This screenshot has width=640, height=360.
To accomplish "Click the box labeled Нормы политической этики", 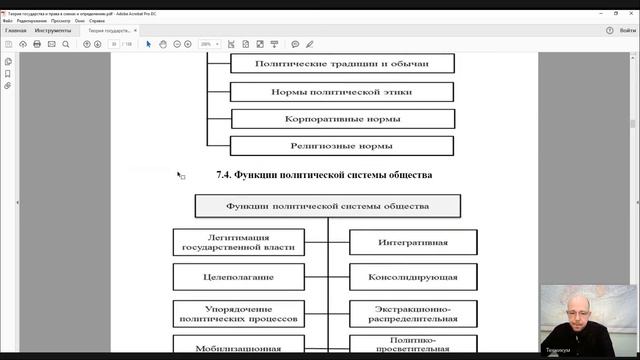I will [342, 91].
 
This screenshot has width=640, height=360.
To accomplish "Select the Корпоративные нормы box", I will [342, 118].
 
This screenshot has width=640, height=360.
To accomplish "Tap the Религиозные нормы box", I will [342, 145].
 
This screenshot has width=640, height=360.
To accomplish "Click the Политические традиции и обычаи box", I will [342, 63].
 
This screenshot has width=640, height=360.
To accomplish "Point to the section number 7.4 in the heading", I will [224, 175].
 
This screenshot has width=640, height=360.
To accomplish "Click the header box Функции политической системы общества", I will [327, 207].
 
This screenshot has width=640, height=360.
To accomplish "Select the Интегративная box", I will [412, 242].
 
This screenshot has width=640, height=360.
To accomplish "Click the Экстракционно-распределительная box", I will [412, 314].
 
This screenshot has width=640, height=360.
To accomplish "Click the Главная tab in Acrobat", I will [15, 31].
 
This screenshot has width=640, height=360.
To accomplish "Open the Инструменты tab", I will [53, 31].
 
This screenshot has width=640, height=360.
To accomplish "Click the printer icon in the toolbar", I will [37, 44].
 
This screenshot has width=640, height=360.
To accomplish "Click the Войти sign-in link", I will [622, 31].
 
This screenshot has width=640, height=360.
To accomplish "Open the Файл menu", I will [9, 20].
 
